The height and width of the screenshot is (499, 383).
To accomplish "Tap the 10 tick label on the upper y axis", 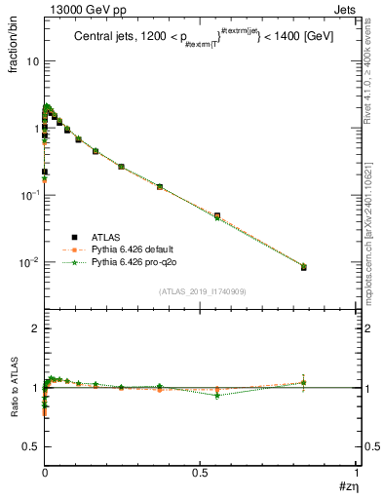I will coord(32,61).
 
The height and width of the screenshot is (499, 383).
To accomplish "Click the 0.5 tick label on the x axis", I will coord(201,472).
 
